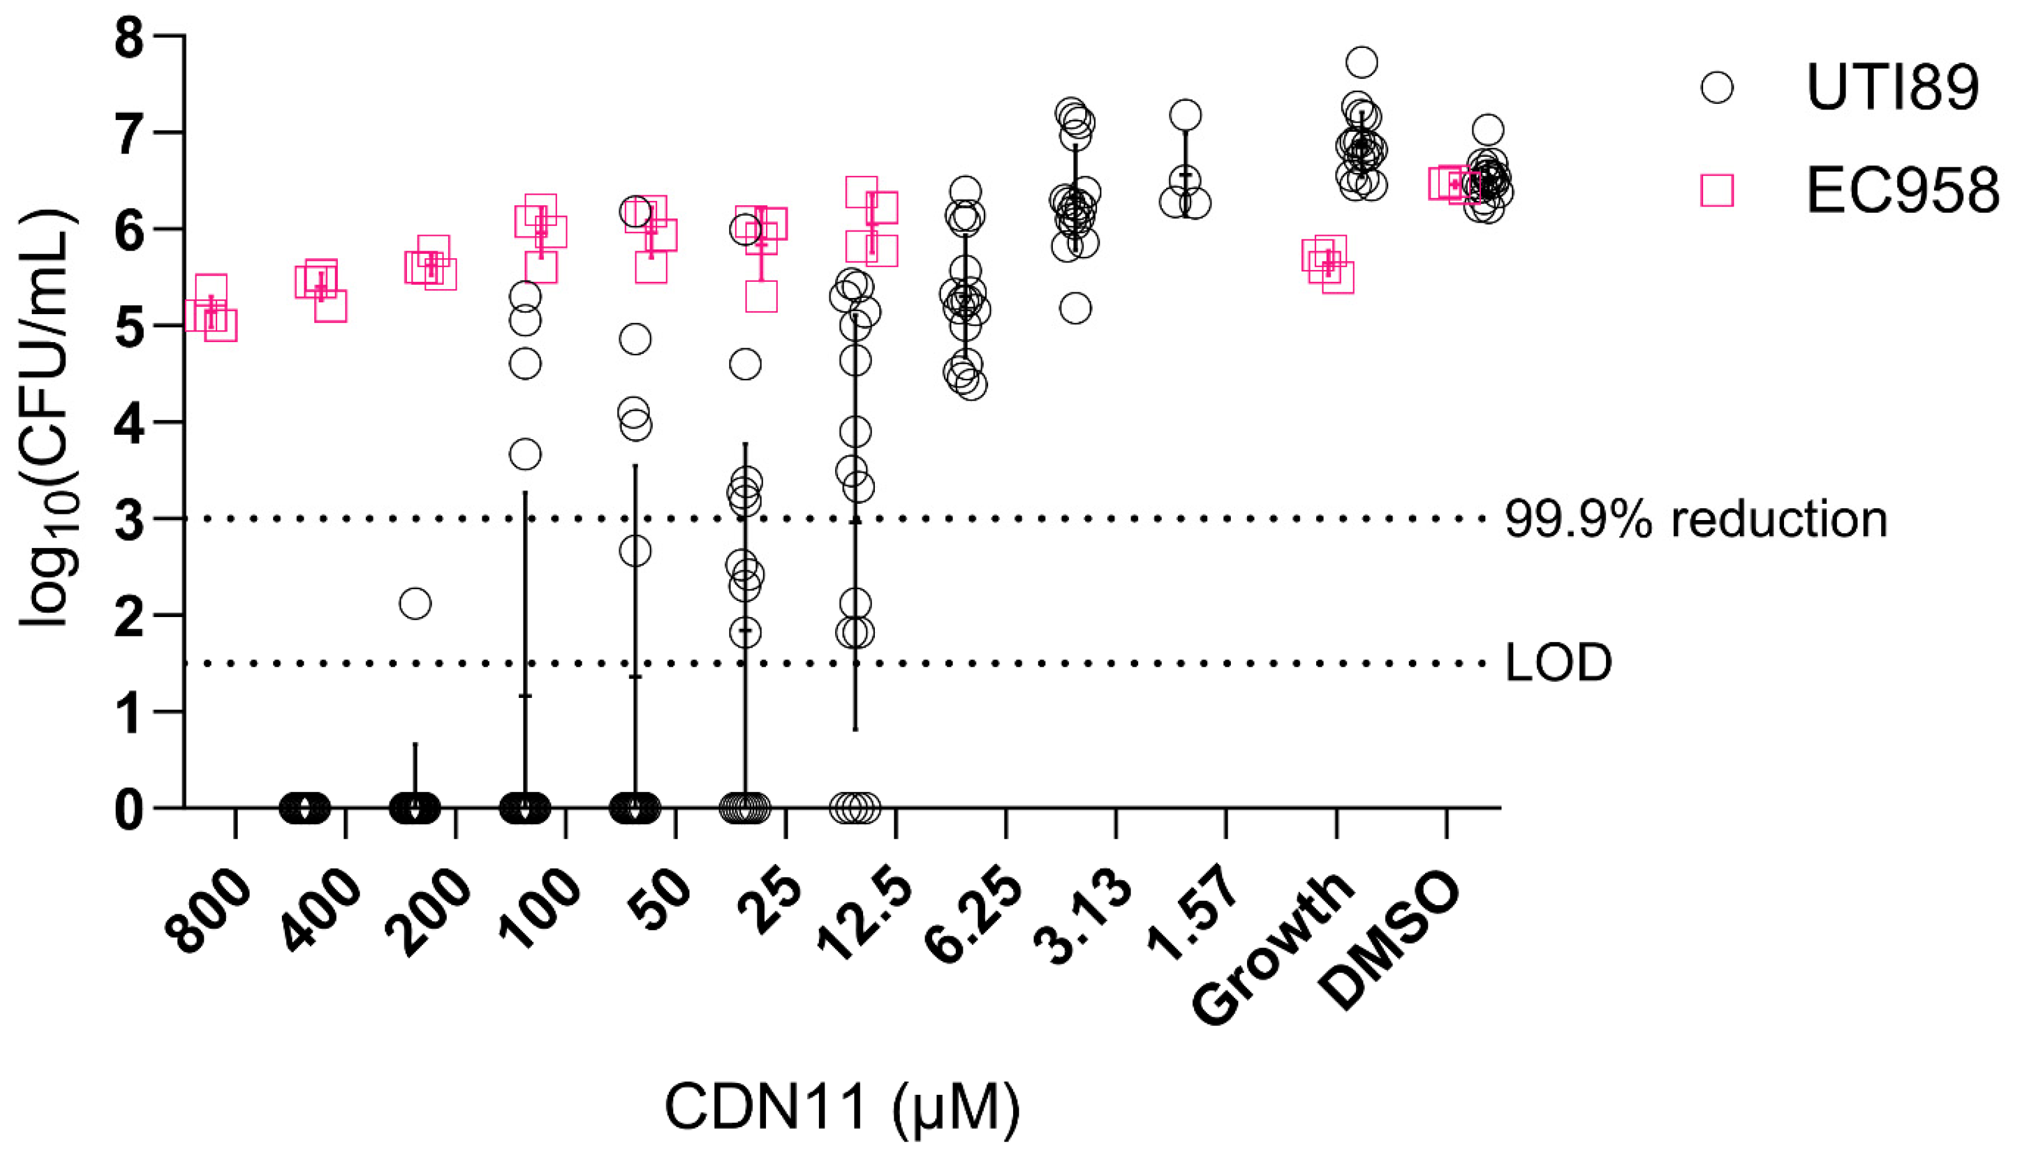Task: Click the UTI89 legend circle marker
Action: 1716,87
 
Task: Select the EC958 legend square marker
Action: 1716,192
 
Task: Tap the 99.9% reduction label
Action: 1696,519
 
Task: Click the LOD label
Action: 1558,662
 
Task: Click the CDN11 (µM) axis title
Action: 842,1108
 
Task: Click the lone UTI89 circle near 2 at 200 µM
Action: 415,603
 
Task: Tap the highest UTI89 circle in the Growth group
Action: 1363,62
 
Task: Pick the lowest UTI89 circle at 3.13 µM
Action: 1075,308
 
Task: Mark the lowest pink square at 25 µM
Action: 762,297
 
